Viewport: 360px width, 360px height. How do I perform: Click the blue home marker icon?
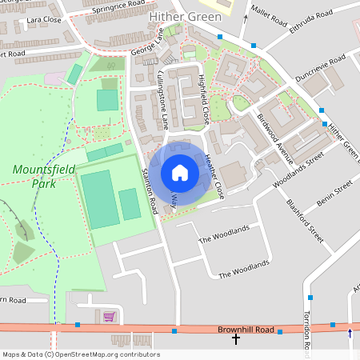pos(180,173)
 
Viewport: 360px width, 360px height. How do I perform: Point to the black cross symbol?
pos(236,340)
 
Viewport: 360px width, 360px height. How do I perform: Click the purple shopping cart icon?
pos(109,317)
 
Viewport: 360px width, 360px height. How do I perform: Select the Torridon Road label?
pos(305,329)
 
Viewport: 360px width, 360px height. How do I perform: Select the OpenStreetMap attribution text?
pos(80,354)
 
